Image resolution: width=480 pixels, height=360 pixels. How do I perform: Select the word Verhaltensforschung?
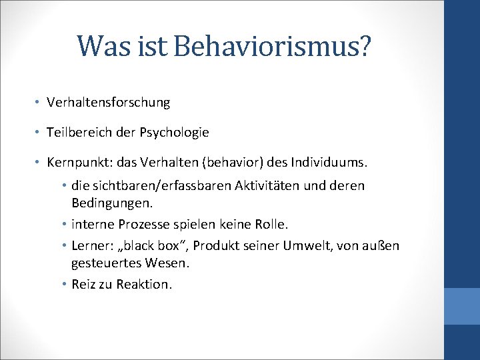109,103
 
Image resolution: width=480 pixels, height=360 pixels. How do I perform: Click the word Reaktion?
144,285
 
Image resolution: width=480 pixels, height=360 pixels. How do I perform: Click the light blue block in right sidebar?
461,306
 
